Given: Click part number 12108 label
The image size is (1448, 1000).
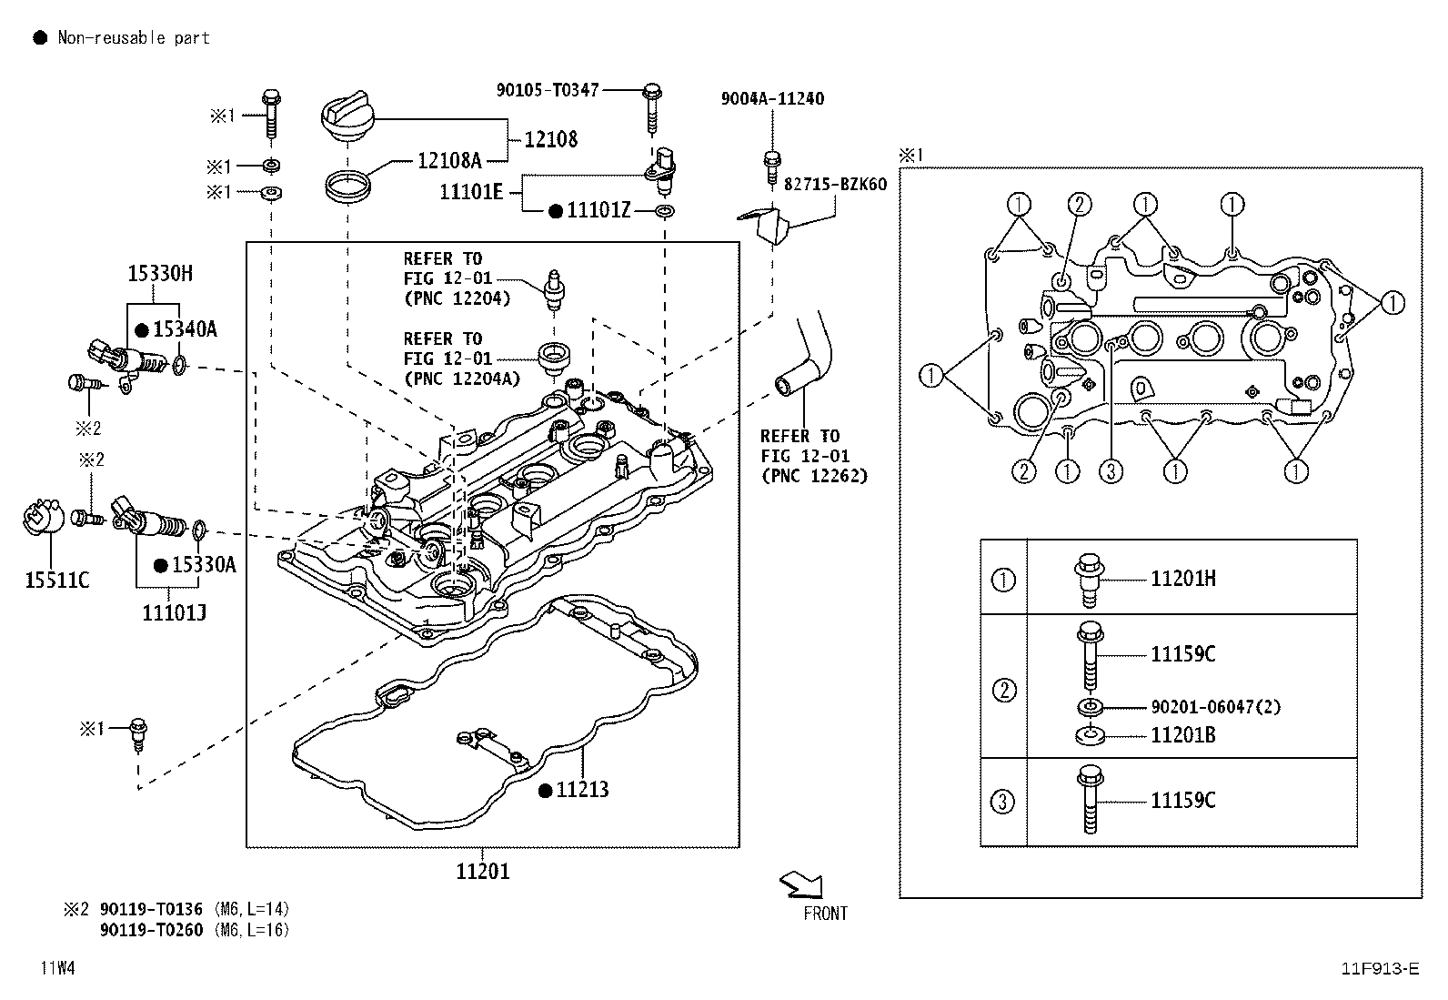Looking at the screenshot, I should [x=551, y=139].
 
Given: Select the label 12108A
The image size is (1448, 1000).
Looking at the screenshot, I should [x=449, y=161].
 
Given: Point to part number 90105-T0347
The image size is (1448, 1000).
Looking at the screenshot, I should [x=548, y=89].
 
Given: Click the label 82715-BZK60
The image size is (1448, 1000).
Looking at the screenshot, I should [x=835, y=184].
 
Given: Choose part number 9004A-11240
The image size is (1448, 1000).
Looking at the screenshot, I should [x=772, y=98].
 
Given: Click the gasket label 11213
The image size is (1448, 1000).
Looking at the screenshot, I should [x=582, y=790].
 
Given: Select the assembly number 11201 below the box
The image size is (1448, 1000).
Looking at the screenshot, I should [x=482, y=871].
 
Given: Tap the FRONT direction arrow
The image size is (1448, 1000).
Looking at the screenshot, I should [x=801, y=884].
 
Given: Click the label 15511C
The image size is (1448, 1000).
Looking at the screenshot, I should [x=56, y=580].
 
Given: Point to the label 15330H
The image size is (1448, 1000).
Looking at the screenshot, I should [x=159, y=273].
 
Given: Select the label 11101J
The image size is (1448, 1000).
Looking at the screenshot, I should [x=174, y=612].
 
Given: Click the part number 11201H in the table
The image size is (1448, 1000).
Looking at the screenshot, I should [x=1182, y=579].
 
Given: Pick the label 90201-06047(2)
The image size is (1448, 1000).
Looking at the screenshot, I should [x=1215, y=707].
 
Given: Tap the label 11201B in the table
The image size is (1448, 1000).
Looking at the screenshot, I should [x=1182, y=735].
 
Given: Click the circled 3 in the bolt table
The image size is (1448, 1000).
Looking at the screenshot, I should [x=1002, y=802].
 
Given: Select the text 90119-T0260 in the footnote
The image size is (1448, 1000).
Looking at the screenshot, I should [x=151, y=929].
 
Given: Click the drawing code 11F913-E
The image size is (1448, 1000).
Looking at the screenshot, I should [x=1379, y=968].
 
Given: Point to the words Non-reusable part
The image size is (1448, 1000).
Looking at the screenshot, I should [x=134, y=37].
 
